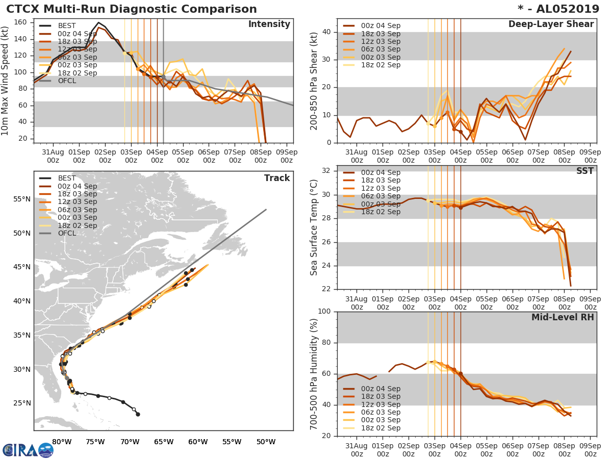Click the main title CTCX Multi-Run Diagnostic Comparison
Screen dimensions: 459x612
(x=132, y=9)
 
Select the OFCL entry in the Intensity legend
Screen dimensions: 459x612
(x=67, y=81)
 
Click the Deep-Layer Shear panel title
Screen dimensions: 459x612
(x=551, y=24)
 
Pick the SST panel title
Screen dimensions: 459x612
(x=584, y=171)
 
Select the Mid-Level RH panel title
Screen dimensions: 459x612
(x=563, y=318)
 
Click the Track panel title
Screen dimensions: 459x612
(x=277, y=178)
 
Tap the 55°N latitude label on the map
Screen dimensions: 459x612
(x=22, y=199)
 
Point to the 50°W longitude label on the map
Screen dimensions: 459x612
(x=266, y=442)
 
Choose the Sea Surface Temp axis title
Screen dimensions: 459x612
(x=314, y=227)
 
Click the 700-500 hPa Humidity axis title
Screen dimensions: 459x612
(x=314, y=373)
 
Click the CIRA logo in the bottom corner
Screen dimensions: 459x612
(x=28, y=450)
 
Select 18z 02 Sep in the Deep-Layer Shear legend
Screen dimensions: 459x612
(x=380, y=65)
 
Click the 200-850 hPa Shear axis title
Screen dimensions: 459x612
(x=314, y=81)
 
